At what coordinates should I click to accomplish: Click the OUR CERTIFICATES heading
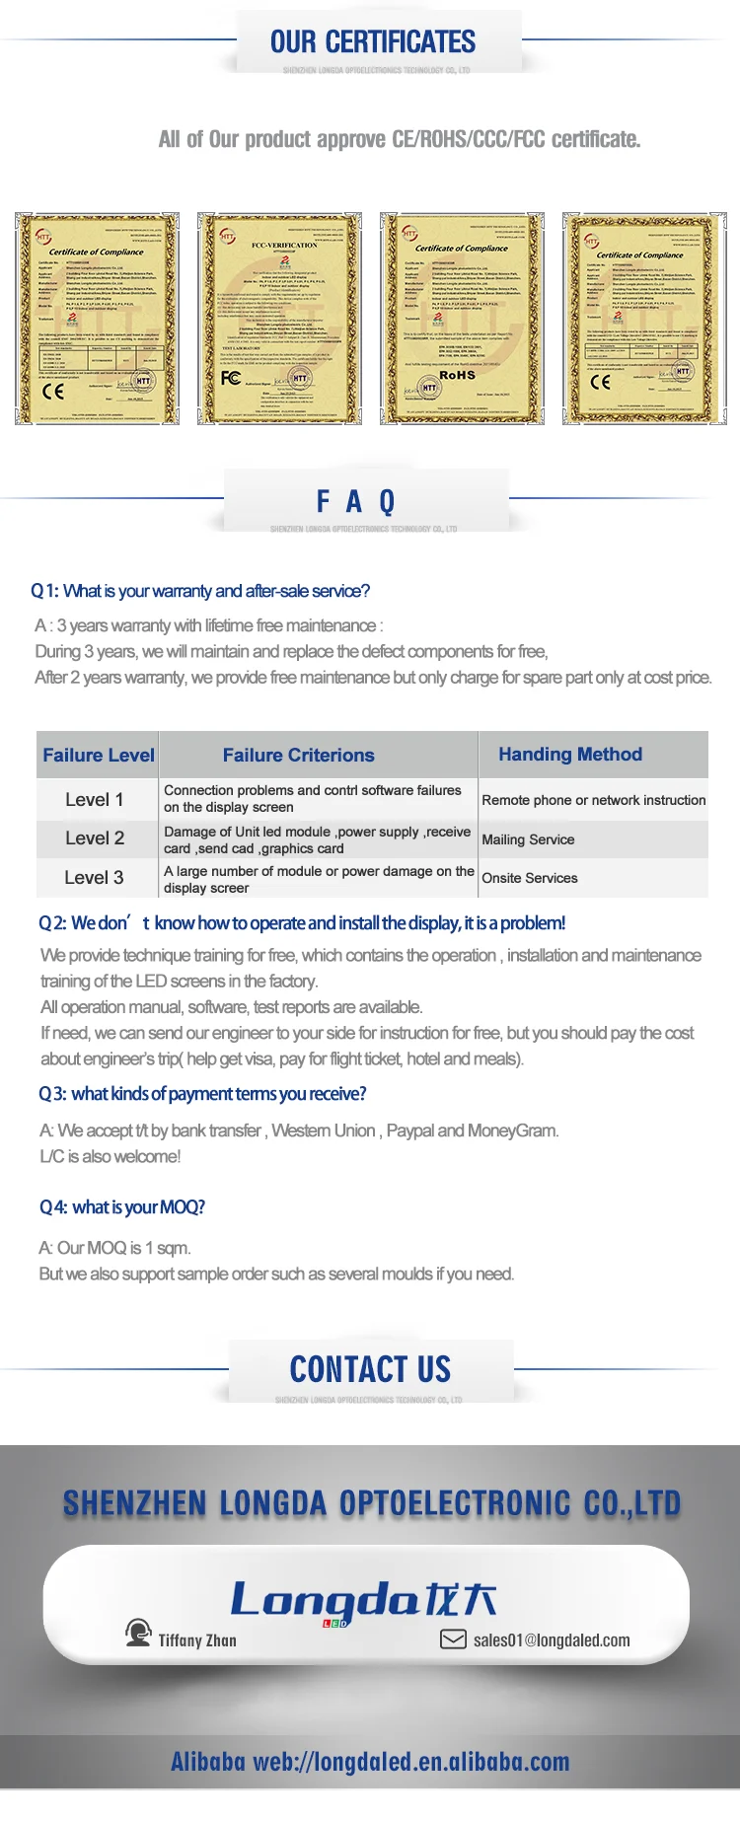point(373,42)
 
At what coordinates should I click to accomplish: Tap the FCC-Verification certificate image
point(279,319)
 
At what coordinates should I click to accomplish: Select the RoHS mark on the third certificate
point(457,375)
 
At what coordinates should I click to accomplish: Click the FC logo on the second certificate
point(230,378)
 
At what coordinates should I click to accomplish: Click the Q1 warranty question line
point(200,591)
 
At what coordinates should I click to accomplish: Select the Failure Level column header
point(98,756)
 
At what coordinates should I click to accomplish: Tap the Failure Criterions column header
point(298,756)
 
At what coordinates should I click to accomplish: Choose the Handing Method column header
point(570,755)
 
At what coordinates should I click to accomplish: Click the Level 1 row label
point(95,800)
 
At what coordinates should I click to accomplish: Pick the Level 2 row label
point(95,838)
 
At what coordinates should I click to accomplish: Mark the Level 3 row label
point(95,878)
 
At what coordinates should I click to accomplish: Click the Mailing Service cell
point(528,839)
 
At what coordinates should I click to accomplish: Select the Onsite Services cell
point(530,878)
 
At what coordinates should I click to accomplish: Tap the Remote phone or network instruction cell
point(594,800)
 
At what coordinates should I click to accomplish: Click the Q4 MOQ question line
point(122,1207)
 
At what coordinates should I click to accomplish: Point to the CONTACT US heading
point(370,1370)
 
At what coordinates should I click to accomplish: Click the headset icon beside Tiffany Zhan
point(138,1633)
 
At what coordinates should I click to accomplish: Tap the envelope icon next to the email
point(453,1639)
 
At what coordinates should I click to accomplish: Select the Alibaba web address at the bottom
point(370,1762)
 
